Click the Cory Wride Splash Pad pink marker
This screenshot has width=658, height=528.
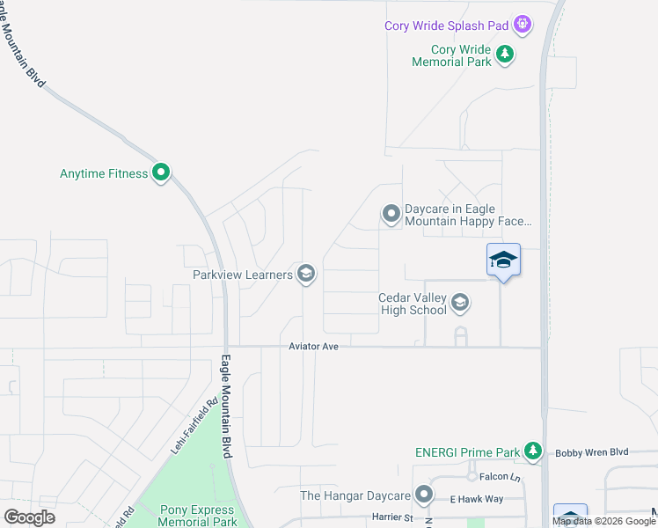pos(523,25)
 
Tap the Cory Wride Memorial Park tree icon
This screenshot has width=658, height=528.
pos(505,55)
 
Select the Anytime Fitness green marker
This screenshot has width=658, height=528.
pos(161,173)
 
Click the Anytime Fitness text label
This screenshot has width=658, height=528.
pos(104,173)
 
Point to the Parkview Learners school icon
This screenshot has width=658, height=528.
pos(306,275)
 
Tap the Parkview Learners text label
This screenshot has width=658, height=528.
pos(243,275)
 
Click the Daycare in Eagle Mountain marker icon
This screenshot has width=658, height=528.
pos(391,214)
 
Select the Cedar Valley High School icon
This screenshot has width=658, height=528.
pos(460,304)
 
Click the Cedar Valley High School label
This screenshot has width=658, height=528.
pos(413,304)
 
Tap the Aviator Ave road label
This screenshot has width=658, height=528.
pos(314,348)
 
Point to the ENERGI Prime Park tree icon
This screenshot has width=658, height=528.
pos(532,451)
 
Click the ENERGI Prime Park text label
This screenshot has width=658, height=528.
pos(467,453)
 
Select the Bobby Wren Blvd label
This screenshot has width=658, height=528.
pos(592,452)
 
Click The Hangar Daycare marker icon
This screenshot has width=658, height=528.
pos(425,495)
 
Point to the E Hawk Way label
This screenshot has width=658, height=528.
pos(479,499)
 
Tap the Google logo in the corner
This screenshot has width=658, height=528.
pos(30,517)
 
